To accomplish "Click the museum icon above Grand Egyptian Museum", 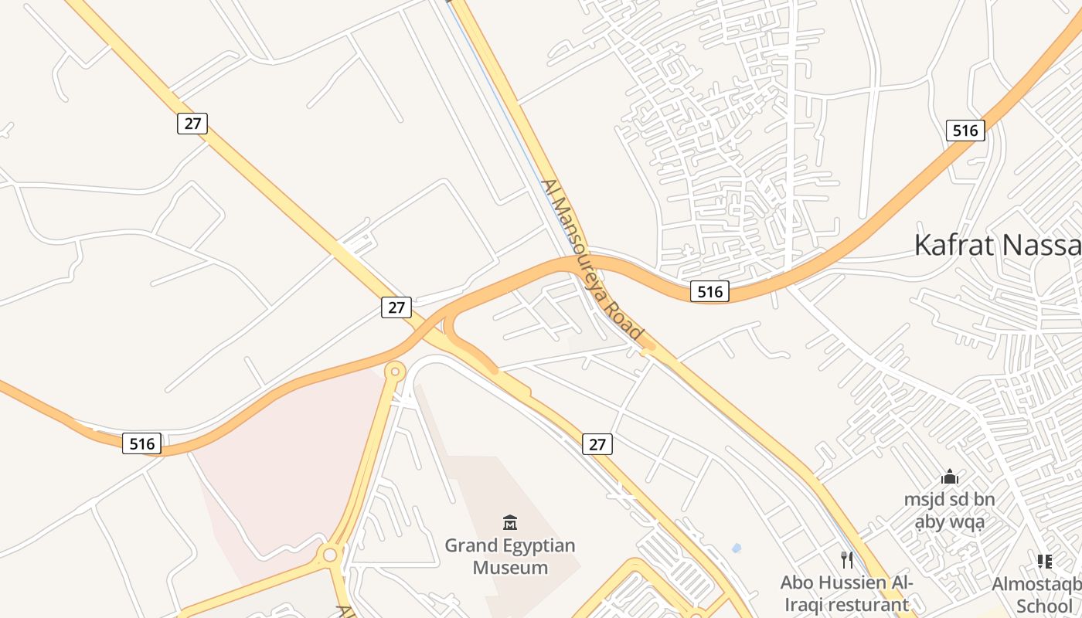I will point(509,522).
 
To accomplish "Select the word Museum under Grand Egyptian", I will point(510,568).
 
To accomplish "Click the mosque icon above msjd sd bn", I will point(950,477).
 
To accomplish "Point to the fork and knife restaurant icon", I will point(847,559).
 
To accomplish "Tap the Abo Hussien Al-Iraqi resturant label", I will point(846,593).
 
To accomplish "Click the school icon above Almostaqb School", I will point(1044,562).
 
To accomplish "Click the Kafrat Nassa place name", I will point(997,245).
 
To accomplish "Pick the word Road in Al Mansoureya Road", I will point(624,319).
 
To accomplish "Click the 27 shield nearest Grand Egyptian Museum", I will point(597,444).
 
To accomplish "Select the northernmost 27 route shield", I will point(192,124).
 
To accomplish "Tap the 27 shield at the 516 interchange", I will point(396,307).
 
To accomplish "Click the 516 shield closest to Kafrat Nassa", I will point(965,131).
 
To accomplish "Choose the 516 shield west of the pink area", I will point(142,443).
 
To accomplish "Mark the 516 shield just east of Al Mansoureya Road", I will point(709,291).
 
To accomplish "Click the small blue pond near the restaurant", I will point(736,548).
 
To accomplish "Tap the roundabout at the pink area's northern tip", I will point(395,372).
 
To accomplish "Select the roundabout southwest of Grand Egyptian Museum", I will point(330,554).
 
